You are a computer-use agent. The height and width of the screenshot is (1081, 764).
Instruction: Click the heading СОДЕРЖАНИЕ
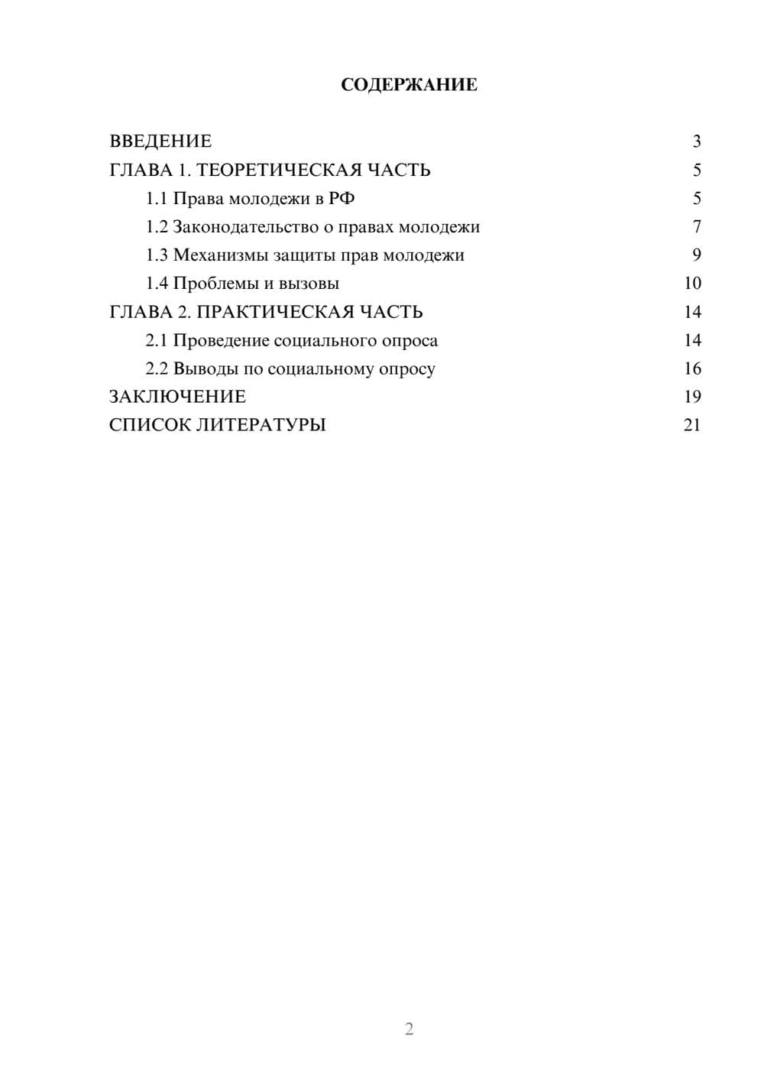click(x=409, y=85)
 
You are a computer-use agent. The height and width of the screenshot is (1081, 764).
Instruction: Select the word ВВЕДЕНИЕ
click(x=160, y=141)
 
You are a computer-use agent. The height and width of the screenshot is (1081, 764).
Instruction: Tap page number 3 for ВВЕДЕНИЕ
click(x=696, y=141)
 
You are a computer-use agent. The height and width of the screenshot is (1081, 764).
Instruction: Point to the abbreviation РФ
click(x=342, y=199)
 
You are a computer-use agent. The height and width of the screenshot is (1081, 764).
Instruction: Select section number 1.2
click(x=157, y=227)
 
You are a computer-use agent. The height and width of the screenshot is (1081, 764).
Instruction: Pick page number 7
click(x=696, y=227)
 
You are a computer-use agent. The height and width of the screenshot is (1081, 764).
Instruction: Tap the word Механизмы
click(x=220, y=255)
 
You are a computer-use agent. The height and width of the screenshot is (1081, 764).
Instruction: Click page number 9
click(x=696, y=255)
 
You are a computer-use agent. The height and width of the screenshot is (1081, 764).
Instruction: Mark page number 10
click(x=692, y=284)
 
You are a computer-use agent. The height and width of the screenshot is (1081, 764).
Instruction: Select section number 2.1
click(x=157, y=340)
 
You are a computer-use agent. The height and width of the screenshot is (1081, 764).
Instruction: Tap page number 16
click(x=692, y=368)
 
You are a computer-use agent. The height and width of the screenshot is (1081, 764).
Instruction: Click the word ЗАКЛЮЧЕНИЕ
click(x=177, y=397)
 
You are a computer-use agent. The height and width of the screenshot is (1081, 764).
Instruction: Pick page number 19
click(x=692, y=397)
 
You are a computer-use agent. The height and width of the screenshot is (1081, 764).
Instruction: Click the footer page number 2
click(x=409, y=1029)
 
